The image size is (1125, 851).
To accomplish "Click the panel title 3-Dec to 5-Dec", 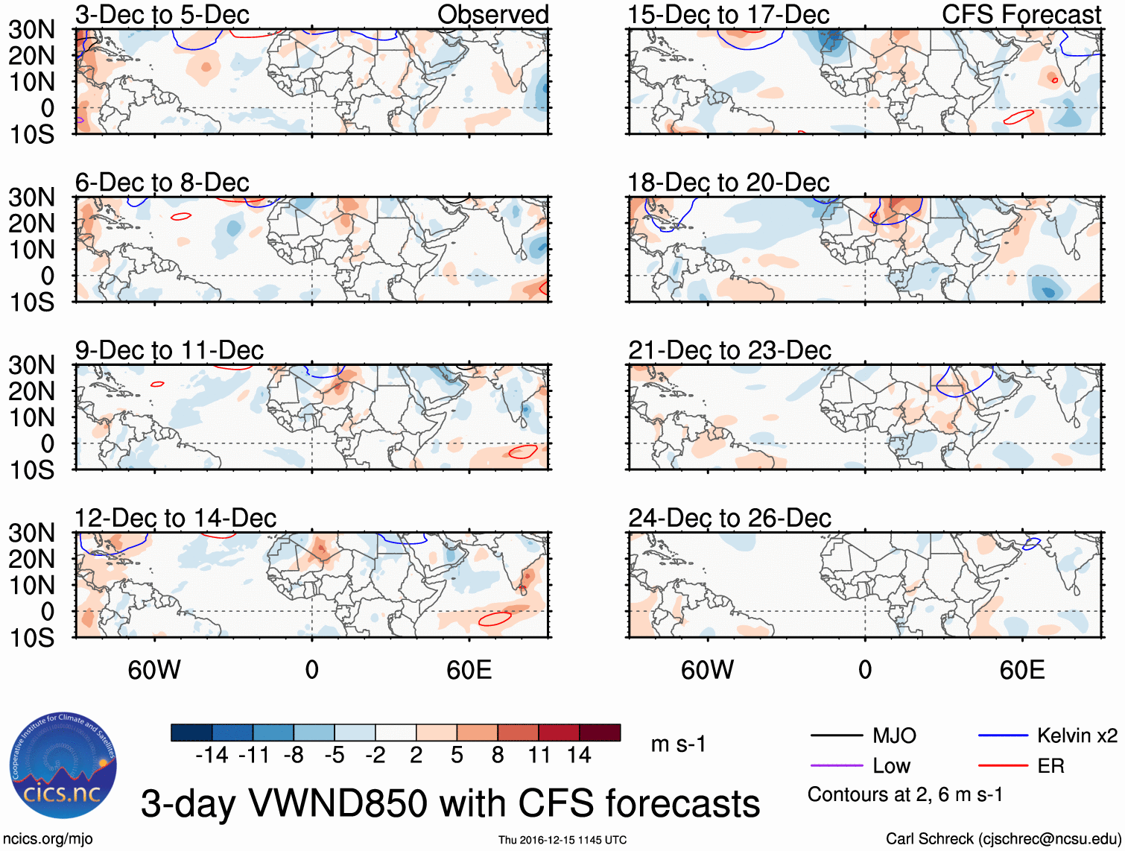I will (162, 14).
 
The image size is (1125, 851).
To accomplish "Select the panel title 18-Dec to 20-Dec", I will (728, 183).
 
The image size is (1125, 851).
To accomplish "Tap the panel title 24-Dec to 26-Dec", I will (729, 518).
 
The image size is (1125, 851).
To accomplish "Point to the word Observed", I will (492, 14).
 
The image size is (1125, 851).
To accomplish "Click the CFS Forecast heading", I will (1021, 14).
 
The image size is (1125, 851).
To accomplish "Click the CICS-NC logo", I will (63, 765).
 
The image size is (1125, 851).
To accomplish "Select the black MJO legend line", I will (837, 735).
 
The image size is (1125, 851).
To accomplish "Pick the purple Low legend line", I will (837, 765).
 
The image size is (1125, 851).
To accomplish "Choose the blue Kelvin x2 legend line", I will (1003, 735).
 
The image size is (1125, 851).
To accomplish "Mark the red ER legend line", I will (1003, 765).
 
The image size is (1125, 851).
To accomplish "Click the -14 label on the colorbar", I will (212, 755).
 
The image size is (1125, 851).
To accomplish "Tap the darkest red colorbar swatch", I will (600, 733).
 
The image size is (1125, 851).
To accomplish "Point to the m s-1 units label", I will (678, 744).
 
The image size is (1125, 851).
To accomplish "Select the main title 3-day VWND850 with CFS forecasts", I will (450, 803).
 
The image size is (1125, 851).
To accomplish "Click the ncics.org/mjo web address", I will (48, 838).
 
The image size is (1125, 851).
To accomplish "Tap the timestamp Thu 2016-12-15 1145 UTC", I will (562, 840).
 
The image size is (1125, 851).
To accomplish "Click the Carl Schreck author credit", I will (1003, 838).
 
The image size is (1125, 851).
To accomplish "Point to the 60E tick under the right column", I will (1021, 670).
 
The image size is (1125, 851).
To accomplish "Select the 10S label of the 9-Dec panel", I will (31, 469).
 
